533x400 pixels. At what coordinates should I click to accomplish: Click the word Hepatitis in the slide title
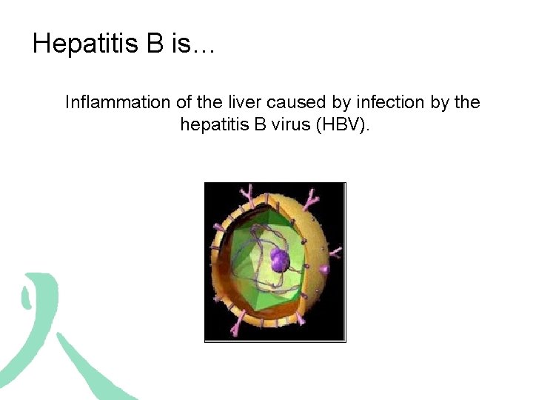tap(85, 44)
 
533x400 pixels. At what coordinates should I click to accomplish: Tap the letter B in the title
tap(155, 44)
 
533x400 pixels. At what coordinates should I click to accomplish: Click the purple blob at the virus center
tap(279, 259)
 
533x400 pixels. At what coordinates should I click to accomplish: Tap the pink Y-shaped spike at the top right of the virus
tap(312, 198)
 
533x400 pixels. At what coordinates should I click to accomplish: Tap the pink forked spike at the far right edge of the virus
tap(335, 252)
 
